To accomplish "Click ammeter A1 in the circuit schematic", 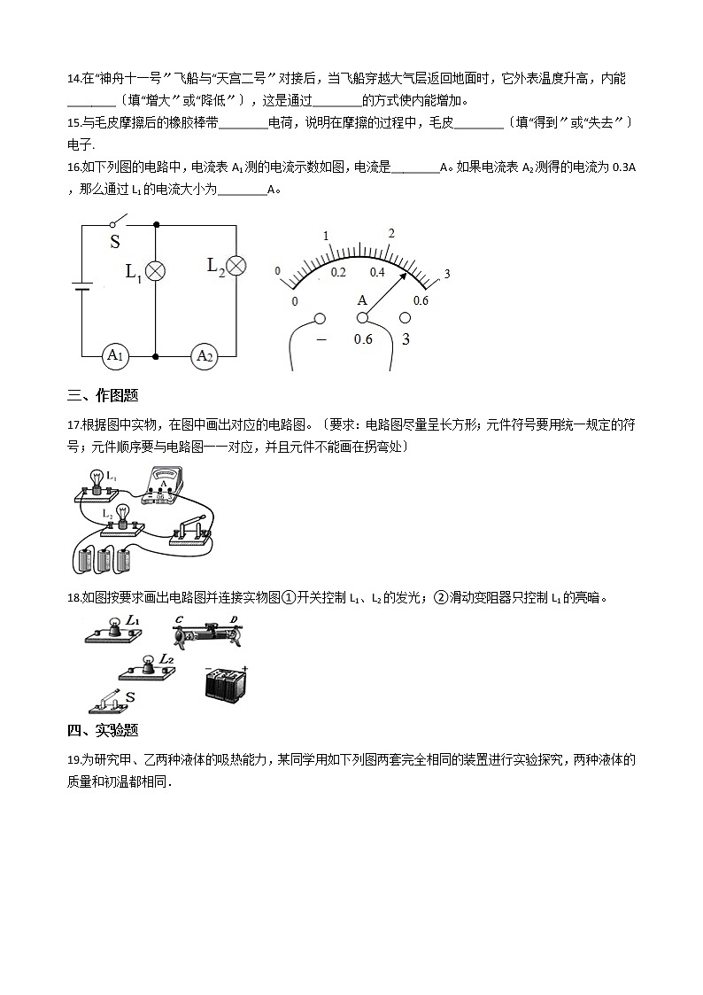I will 112,356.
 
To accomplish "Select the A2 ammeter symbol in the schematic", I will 205,356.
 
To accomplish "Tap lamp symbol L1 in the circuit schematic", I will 156,271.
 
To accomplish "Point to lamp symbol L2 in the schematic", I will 236,266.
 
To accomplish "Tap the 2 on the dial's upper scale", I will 390,233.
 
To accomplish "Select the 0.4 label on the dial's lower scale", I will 377,272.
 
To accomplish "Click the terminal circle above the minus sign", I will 321,319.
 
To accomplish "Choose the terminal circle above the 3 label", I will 406,318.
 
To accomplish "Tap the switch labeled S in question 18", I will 110,703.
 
